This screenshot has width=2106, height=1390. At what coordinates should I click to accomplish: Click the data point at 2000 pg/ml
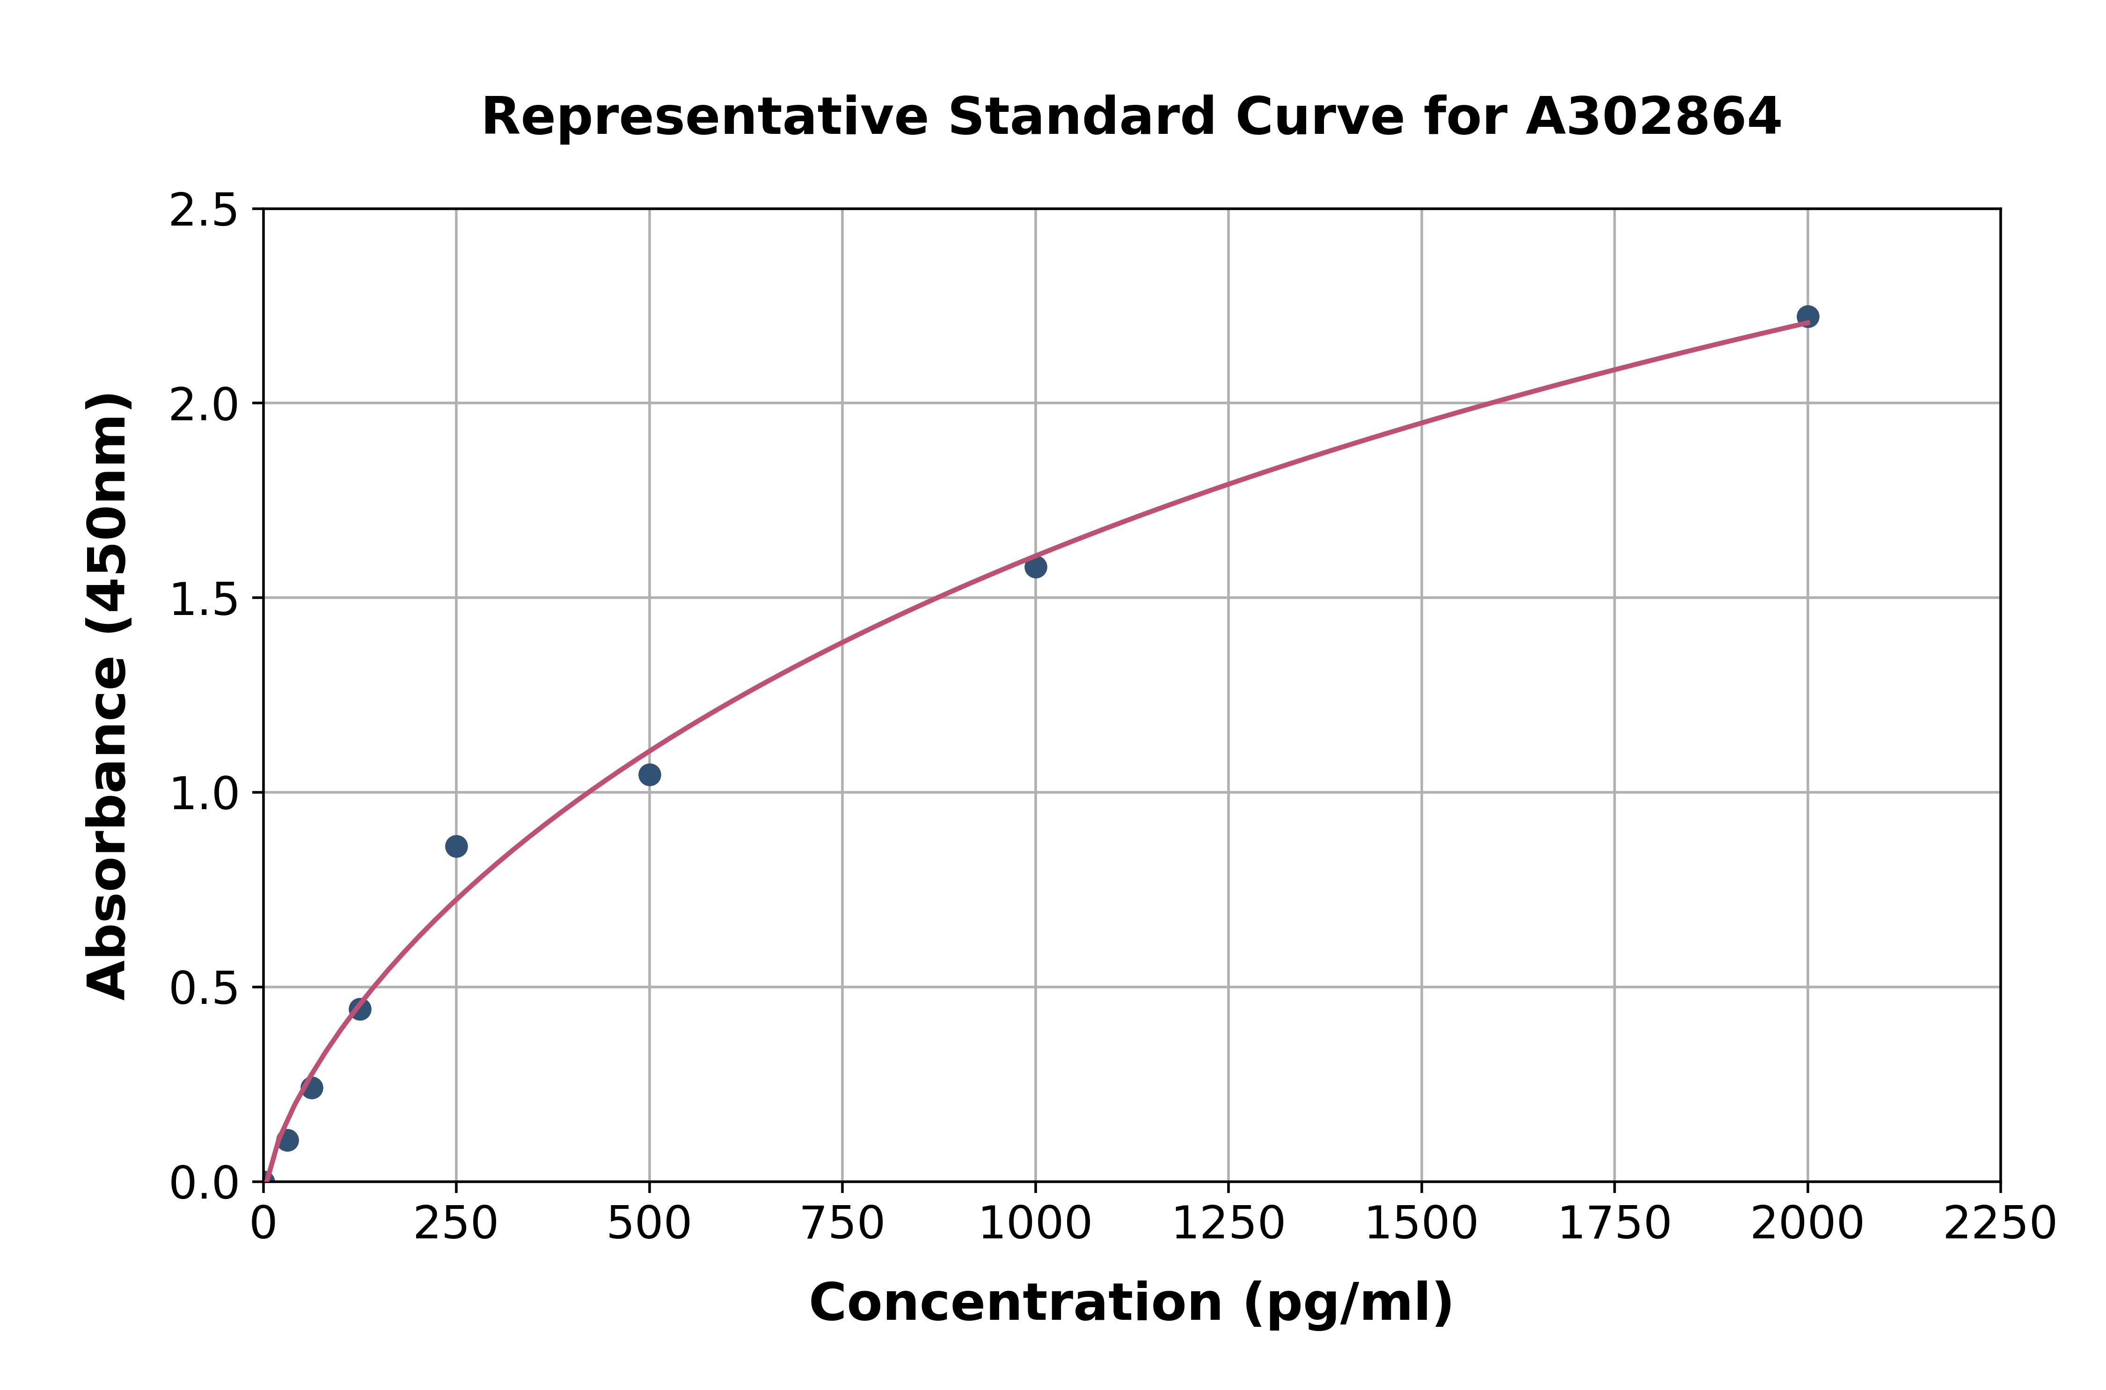click(x=1807, y=316)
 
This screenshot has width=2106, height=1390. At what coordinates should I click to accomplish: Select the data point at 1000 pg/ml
click(x=1035, y=566)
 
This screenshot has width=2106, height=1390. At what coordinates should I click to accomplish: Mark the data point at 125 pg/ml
click(x=360, y=1009)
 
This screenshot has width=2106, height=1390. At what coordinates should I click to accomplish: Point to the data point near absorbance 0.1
click(x=287, y=1140)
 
